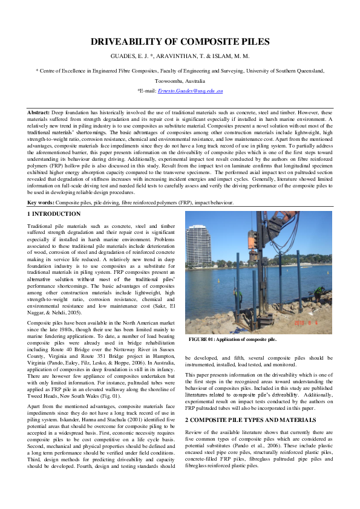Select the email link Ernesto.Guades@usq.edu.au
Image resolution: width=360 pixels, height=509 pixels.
191,90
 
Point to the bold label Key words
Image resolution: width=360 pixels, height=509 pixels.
41,203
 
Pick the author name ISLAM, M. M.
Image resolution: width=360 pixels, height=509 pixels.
230,56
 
